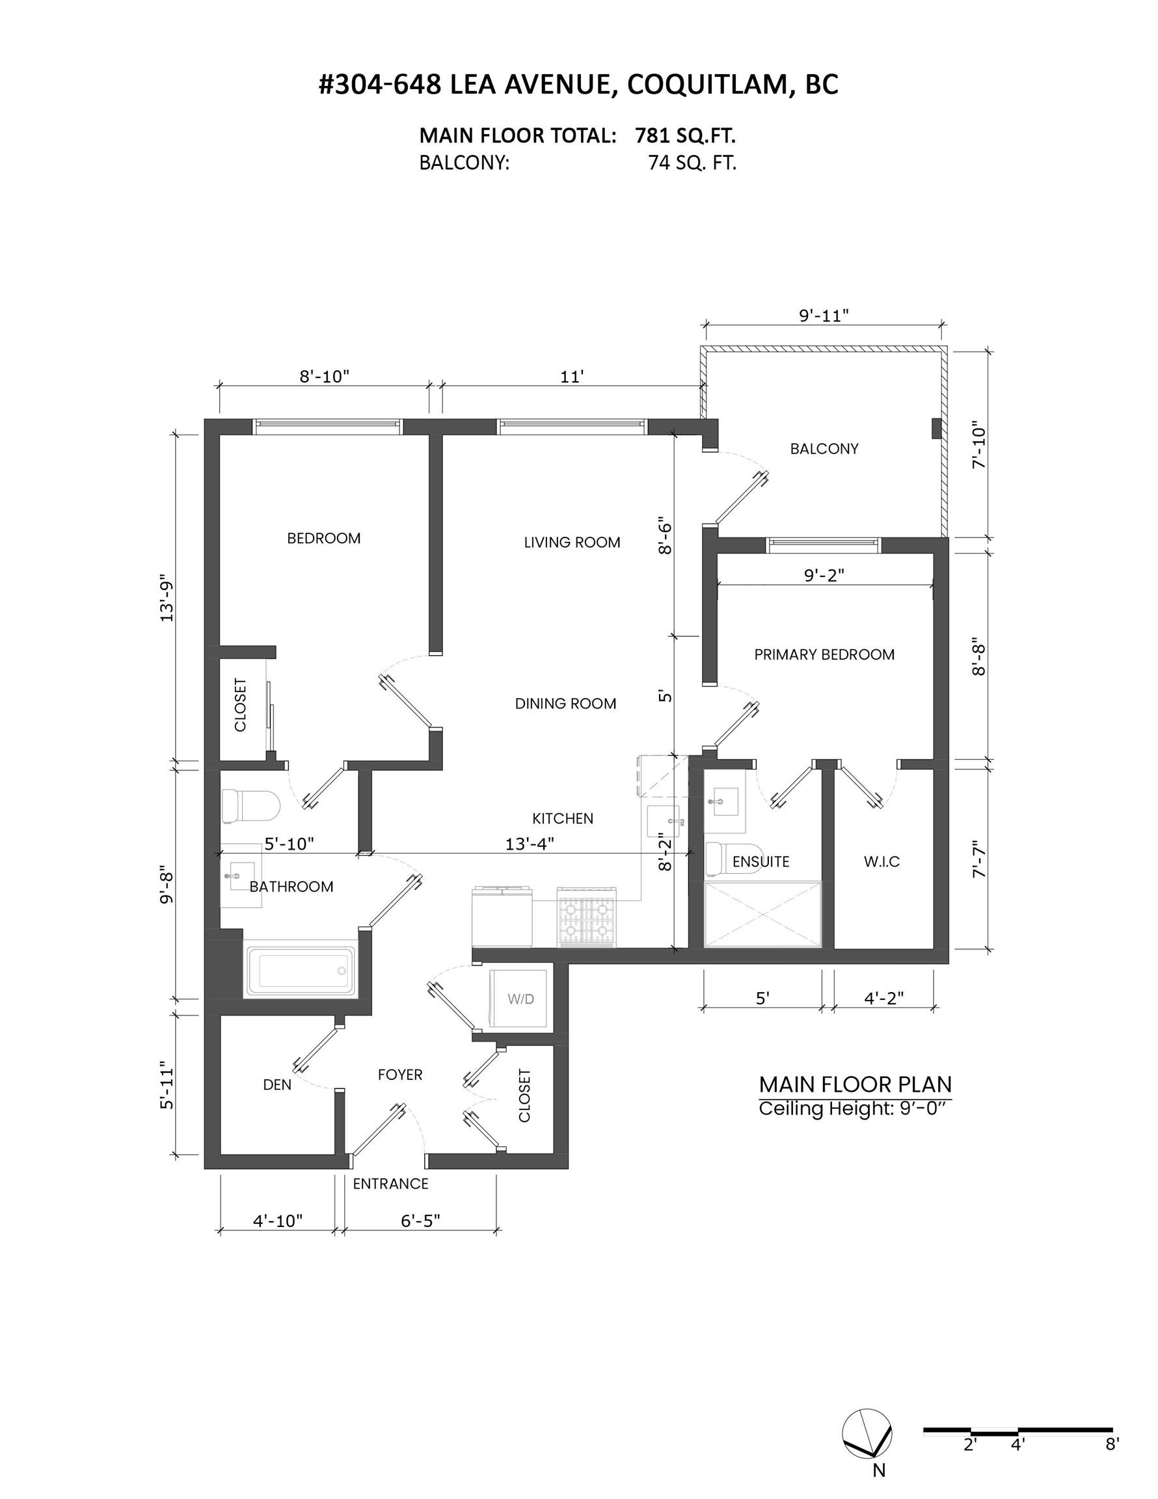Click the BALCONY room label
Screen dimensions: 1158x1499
(x=824, y=449)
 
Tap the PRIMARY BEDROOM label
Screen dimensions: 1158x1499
(x=824, y=655)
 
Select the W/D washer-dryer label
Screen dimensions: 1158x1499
(x=521, y=999)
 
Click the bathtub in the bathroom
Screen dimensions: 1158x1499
(x=301, y=971)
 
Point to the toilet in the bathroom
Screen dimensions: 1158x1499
(x=250, y=807)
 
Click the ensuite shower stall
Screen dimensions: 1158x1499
(x=762, y=915)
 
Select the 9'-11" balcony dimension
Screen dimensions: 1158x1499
(x=824, y=316)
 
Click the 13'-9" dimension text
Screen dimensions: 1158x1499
(x=167, y=598)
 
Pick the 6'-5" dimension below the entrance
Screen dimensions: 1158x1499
(x=420, y=1221)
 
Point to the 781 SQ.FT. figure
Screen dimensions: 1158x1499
(x=685, y=136)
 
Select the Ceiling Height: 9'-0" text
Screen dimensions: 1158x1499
(x=855, y=1109)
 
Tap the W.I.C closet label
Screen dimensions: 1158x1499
(x=882, y=861)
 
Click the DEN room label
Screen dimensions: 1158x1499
(x=277, y=1085)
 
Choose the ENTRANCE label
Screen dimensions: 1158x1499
(x=390, y=1183)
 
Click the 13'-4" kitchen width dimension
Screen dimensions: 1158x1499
(x=530, y=844)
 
